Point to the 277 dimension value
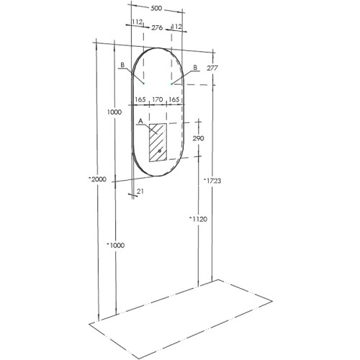pos(211,68)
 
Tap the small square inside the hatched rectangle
pos(160,151)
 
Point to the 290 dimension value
pos(199,138)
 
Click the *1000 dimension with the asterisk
pos(114,246)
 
